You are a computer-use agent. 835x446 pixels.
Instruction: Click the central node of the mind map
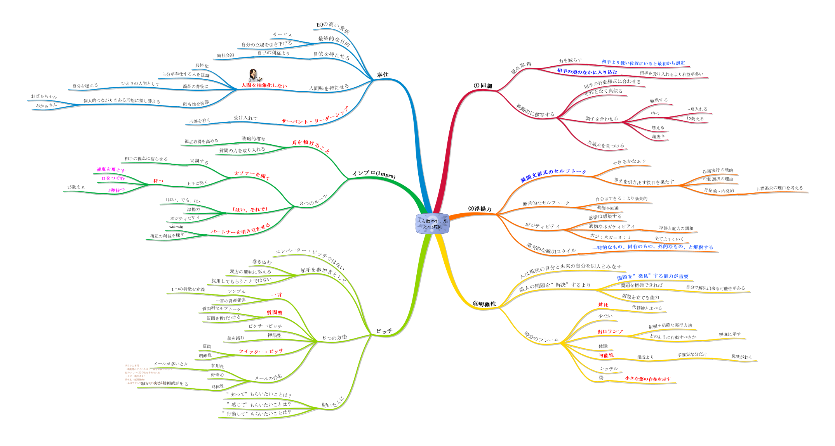(432, 224)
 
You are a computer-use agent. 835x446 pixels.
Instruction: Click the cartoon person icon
(253, 76)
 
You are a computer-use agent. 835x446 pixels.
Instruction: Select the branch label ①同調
(483, 86)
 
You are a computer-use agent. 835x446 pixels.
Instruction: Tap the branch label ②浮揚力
(480, 209)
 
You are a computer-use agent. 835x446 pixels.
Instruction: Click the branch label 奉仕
(383, 74)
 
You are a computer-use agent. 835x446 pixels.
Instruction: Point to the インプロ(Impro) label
(374, 175)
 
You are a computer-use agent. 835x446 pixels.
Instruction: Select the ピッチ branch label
(384, 331)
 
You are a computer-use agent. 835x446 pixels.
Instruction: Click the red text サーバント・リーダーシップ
(315, 116)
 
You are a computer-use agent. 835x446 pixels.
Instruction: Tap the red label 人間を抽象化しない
(264, 85)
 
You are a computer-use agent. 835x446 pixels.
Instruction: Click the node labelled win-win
(176, 226)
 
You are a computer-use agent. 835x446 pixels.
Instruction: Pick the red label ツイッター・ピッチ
(261, 351)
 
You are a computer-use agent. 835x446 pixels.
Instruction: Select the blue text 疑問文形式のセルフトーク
(553, 175)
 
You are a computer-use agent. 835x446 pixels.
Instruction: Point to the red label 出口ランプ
(610, 332)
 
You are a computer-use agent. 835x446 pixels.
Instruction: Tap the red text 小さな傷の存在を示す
(648, 379)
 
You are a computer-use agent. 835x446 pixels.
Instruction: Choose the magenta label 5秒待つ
(117, 190)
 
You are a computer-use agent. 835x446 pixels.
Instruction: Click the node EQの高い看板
(333, 28)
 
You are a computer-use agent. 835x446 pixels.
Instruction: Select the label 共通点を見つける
(605, 145)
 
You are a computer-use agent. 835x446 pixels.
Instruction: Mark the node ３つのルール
(313, 201)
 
